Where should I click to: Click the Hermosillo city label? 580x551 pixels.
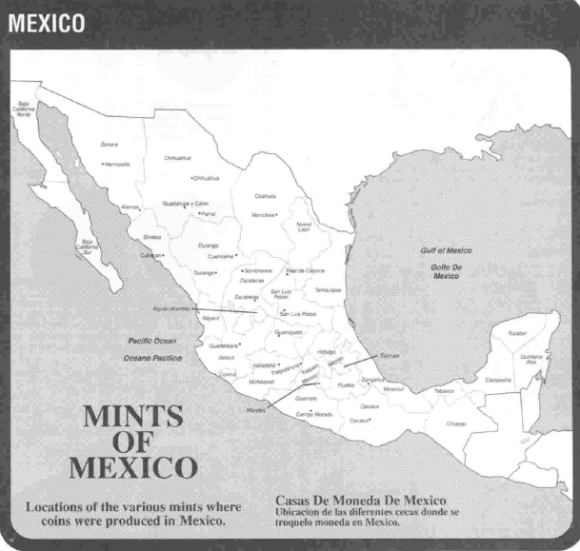(x=116, y=164)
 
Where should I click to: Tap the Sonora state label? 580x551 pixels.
(x=109, y=145)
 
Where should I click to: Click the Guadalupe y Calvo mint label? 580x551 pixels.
(x=186, y=204)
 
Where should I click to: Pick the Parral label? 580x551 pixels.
(x=208, y=214)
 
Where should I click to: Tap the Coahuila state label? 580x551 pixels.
(x=266, y=195)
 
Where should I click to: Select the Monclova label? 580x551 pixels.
(x=263, y=215)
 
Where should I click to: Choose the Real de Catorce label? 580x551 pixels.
(x=306, y=269)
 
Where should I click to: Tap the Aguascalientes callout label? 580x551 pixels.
(x=172, y=308)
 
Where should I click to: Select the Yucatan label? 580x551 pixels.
(x=516, y=333)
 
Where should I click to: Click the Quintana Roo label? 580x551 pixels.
(x=531, y=360)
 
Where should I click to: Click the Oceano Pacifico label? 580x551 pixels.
(x=151, y=358)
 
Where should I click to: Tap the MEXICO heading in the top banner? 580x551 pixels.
(x=46, y=22)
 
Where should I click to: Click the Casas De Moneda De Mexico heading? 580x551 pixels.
(x=361, y=501)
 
